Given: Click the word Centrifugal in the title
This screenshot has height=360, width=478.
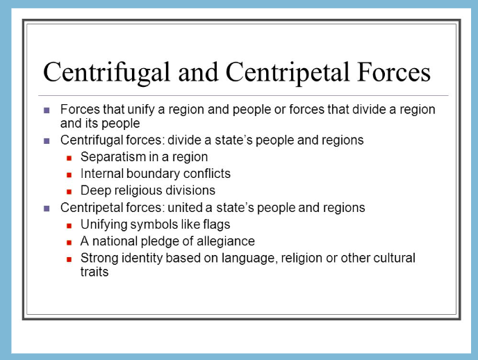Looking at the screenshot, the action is (106, 73).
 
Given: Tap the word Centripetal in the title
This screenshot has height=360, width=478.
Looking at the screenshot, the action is (287, 73).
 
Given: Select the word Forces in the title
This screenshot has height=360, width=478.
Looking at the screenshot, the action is (393, 72).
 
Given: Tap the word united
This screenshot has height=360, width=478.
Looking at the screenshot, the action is (185, 208).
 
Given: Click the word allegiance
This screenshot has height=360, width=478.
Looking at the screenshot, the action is (226, 241).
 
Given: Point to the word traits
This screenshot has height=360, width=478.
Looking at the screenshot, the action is (94, 272).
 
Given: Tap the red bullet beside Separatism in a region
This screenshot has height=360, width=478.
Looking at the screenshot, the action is (69, 158).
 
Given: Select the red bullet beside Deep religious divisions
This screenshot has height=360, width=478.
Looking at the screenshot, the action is (69, 192).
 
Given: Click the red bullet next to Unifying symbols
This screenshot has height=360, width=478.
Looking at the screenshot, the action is (69, 226).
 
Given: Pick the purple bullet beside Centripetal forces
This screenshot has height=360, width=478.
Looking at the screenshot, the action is (47, 208).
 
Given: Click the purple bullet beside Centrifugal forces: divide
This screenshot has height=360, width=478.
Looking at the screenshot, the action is (47, 141).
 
